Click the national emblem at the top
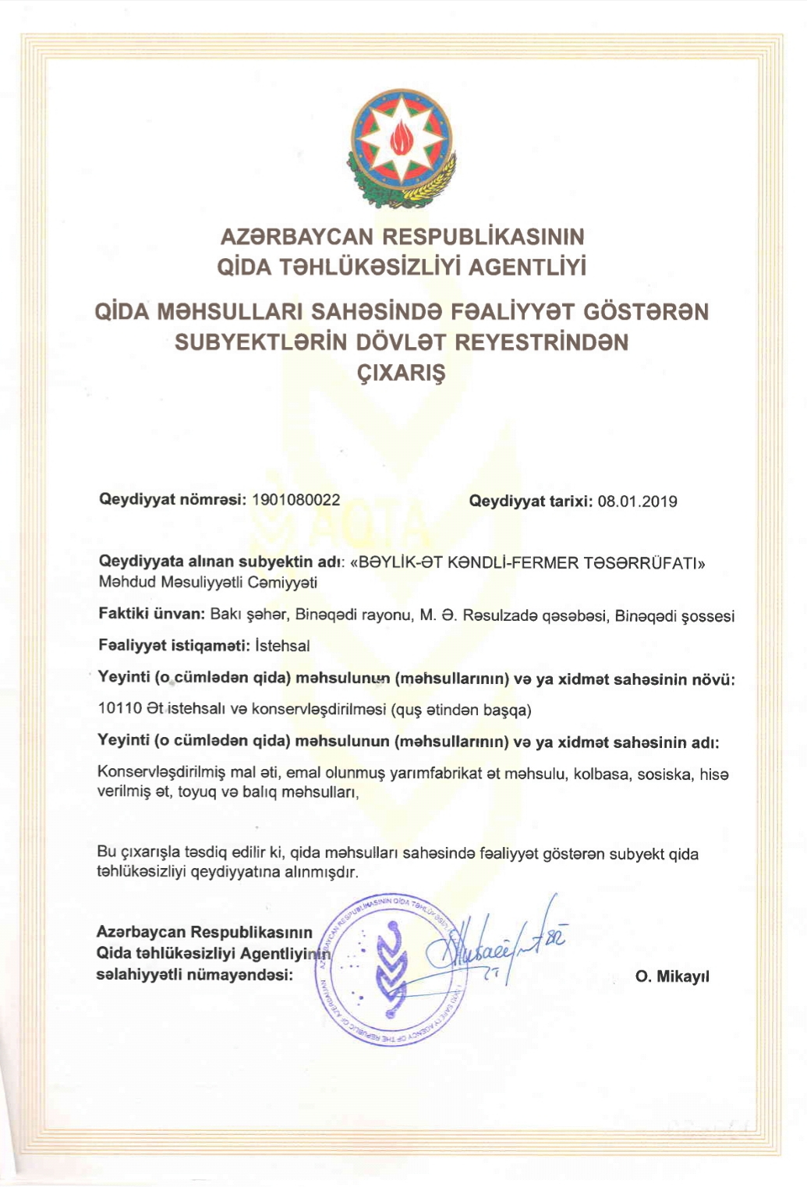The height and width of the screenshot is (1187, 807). coord(402,146)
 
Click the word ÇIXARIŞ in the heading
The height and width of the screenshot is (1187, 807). coord(402,373)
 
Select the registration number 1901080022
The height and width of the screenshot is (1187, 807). coord(296,500)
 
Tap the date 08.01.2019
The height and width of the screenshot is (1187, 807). coord(637,501)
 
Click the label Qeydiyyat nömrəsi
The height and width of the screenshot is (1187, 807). coord(172,500)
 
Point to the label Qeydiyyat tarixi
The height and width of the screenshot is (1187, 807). coord(530,501)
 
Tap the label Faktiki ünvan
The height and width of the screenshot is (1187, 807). coord(150,614)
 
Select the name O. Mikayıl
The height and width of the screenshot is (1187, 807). coord(672,976)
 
